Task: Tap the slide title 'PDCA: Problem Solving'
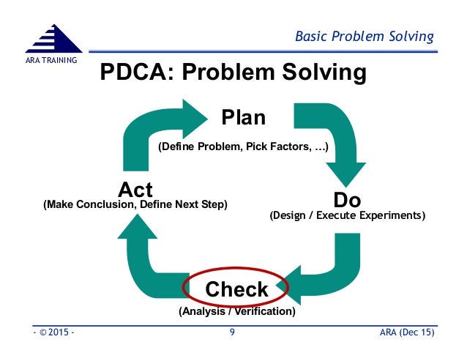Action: pos(233,74)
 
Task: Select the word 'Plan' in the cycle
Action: pos(244,117)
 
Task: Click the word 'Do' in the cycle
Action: pos(348,200)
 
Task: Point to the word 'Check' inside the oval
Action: pos(236,289)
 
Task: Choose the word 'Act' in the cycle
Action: pos(135,190)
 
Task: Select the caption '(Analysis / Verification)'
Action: pos(237,312)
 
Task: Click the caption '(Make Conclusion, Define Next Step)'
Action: pos(135,205)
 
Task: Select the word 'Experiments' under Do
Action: pos(389,216)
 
